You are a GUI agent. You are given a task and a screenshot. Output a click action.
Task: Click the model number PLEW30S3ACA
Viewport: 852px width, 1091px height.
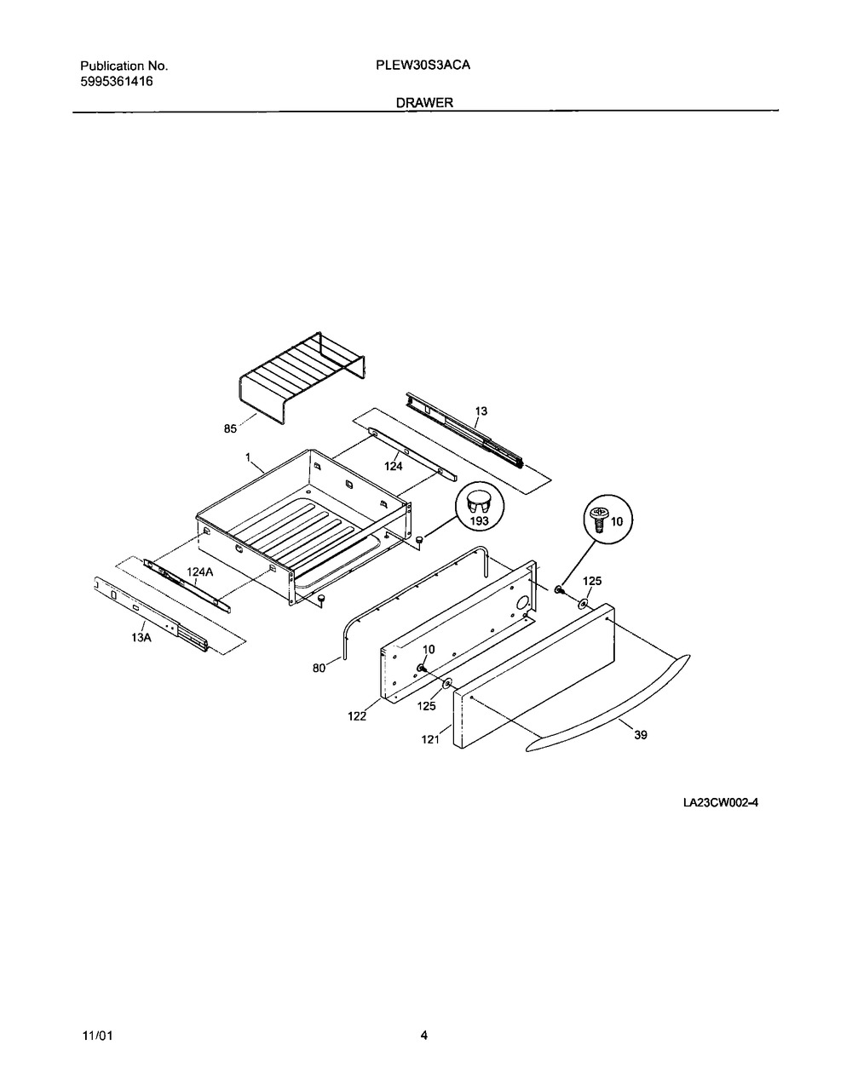[x=423, y=66]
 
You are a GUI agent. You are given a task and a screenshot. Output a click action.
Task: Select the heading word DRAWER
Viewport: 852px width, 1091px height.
[x=425, y=103]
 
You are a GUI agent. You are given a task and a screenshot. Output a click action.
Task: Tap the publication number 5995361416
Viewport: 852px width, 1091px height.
[x=117, y=82]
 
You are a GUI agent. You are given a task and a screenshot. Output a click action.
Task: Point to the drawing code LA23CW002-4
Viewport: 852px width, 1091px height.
[x=721, y=803]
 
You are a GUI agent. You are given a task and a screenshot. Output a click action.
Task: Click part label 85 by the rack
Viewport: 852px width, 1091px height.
[x=230, y=428]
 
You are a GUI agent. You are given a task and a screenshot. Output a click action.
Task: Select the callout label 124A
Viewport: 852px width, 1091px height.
[x=200, y=571]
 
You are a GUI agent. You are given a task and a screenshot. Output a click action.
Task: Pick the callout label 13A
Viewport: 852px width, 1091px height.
[x=141, y=638]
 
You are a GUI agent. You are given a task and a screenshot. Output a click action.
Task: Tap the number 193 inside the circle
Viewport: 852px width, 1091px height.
[x=479, y=520]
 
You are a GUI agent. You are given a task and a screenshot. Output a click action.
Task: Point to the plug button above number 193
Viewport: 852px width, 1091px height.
[x=479, y=500]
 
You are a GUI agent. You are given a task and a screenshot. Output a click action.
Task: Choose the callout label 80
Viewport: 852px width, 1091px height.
[x=319, y=669]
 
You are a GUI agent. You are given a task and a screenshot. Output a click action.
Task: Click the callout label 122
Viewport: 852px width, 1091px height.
[x=357, y=716]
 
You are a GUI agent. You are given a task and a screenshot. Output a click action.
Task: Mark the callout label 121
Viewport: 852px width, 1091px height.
[x=430, y=739]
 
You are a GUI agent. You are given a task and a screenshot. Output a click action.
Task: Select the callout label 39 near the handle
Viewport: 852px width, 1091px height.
[x=641, y=735]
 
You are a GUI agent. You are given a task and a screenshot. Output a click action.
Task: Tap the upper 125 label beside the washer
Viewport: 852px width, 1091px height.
[x=592, y=581]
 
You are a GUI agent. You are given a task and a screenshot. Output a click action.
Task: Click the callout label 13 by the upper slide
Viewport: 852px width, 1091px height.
[x=481, y=411]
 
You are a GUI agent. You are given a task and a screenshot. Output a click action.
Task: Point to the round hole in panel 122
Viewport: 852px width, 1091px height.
[x=522, y=603]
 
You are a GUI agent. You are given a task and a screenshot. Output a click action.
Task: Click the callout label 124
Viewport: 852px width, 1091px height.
[x=394, y=467]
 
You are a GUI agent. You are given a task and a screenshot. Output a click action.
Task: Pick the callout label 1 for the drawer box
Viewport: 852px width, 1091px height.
[x=248, y=456]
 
